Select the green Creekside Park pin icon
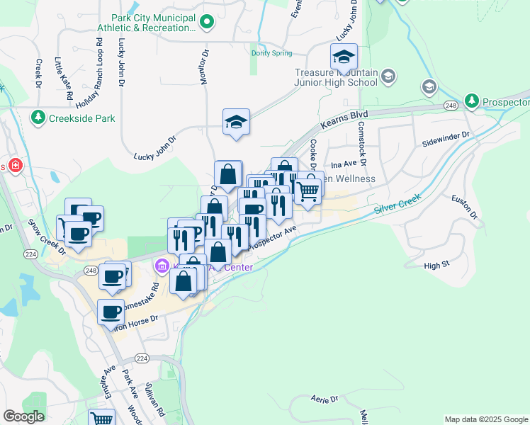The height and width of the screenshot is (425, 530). (x=38, y=118)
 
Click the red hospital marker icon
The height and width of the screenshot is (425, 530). (x=15, y=166)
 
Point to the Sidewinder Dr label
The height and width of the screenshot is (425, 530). (x=446, y=134)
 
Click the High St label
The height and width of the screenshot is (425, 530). (x=436, y=265)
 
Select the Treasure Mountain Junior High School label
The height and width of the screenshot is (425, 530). (x=336, y=77)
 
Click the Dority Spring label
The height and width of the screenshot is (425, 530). (x=271, y=52)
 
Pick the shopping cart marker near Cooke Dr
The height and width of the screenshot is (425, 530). (x=307, y=191)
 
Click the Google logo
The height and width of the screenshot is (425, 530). (x=23, y=416)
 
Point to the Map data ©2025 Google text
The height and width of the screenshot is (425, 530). (x=485, y=419)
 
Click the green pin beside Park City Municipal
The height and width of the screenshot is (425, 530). (x=206, y=23)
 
